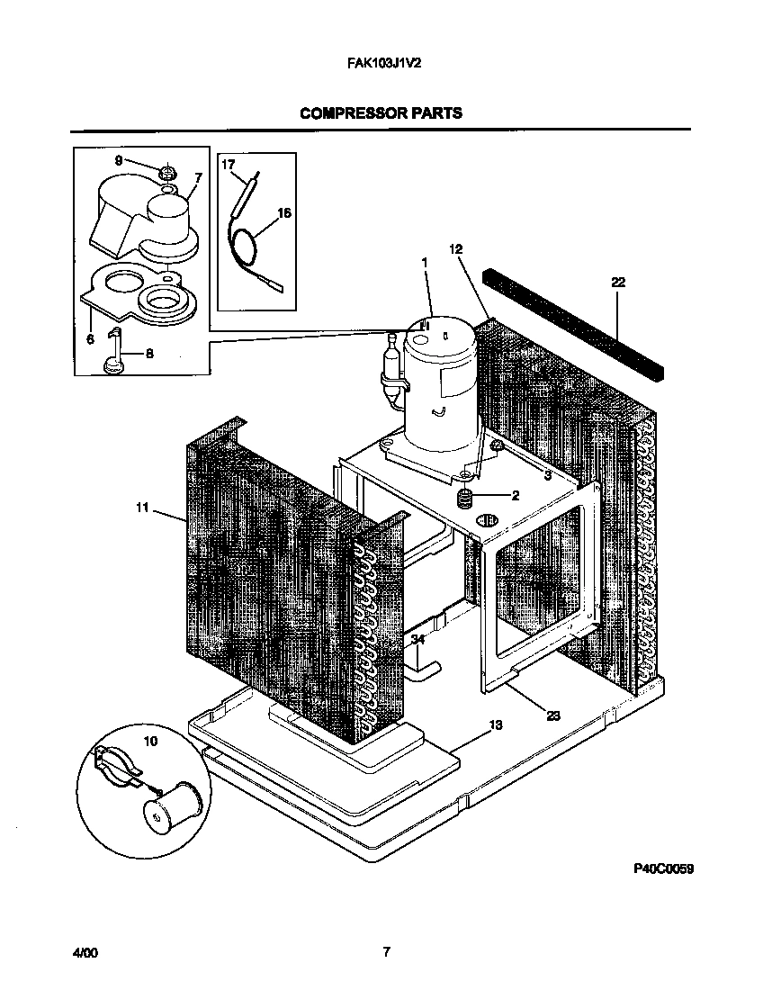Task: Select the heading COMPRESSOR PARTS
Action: (381, 113)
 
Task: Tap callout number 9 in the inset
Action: (118, 160)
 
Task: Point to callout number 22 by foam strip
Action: (617, 282)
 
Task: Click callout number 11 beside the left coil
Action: (141, 508)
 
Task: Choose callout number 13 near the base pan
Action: (494, 724)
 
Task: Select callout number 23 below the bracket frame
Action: (552, 715)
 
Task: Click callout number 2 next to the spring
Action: (516, 495)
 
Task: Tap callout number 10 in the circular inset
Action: (149, 741)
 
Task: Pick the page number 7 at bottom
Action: (385, 952)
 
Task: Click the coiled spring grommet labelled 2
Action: (466, 498)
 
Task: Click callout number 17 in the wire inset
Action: (228, 165)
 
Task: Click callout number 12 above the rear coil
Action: (455, 248)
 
